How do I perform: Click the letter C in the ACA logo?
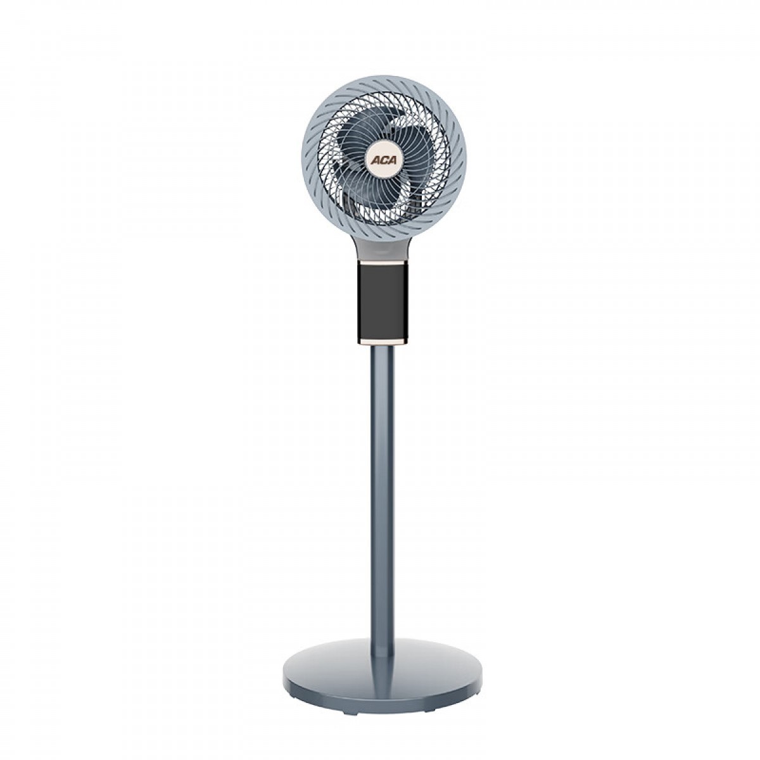381,160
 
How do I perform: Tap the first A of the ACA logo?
374,160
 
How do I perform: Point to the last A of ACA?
389,160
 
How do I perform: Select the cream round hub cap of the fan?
382,160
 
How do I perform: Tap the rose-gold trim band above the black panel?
381,262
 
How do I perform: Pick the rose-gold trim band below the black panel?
381,341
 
